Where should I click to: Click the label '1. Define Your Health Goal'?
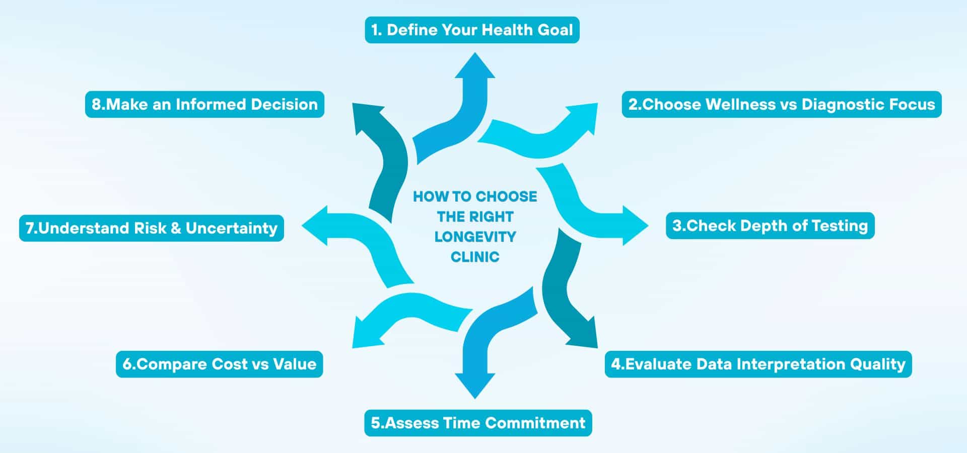472,30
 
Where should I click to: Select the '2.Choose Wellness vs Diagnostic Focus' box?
781,105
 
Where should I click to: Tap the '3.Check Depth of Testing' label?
770,225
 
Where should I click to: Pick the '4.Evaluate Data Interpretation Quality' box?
758,364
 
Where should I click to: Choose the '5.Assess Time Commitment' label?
478,423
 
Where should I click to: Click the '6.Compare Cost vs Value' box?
219,364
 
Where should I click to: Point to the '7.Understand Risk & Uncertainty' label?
151,228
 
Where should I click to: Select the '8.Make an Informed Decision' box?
204,105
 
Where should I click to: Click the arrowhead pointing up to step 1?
474,67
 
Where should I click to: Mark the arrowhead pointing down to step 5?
474,385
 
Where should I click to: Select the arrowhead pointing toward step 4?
584,335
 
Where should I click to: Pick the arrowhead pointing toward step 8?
365,117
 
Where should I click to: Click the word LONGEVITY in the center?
475,237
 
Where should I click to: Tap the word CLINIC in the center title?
475,257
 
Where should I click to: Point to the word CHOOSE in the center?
506,196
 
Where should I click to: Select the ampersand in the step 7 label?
176,228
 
